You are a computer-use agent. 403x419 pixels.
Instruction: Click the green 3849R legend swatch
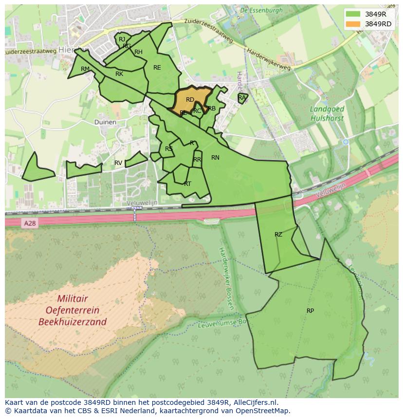click(x=353, y=14)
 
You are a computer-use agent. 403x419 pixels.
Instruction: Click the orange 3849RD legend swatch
click(x=353, y=24)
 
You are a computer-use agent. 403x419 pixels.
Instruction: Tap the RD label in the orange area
click(x=190, y=100)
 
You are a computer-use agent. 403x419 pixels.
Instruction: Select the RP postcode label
click(x=310, y=310)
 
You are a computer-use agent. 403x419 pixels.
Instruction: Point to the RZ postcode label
click(x=278, y=235)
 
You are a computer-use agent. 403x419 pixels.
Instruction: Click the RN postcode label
click(x=215, y=157)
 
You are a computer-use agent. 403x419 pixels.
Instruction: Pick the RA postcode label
click(x=242, y=98)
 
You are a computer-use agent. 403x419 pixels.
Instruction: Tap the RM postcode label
click(x=85, y=69)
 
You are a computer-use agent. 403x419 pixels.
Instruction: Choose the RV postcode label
click(x=118, y=163)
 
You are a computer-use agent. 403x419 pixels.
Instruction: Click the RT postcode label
click(x=187, y=183)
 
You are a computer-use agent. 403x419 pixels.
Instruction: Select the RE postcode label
click(x=157, y=68)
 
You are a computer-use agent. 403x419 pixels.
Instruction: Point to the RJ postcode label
click(x=122, y=39)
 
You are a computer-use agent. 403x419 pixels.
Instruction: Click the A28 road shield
click(x=29, y=223)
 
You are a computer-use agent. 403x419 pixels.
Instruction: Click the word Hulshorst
click(x=327, y=118)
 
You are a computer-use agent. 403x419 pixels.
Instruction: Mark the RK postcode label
click(x=119, y=74)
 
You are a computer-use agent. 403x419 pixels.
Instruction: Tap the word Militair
click(x=73, y=299)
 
